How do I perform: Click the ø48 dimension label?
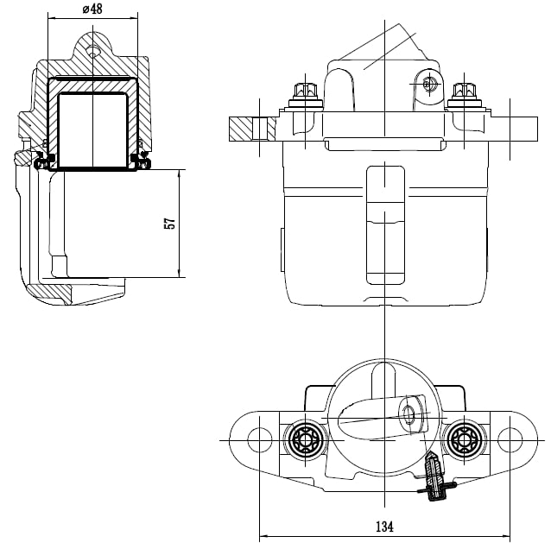(x=92, y=9)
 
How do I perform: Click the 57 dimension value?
(x=170, y=224)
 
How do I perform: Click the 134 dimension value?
(x=384, y=527)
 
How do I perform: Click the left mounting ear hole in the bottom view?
(x=260, y=439)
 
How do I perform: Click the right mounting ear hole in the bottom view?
(x=510, y=439)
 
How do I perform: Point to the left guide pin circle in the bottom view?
(x=305, y=439)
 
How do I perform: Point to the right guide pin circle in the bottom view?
(x=464, y=439)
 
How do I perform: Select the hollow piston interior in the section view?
(x=92, y=129)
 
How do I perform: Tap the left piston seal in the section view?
(x=43, y=161)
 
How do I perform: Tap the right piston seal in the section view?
(x=142, y=161)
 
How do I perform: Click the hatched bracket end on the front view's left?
(x=252, y=129)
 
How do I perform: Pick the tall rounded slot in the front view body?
(x=385, y=224)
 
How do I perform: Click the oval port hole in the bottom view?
(x=408, y=414)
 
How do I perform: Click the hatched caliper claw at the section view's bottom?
(x=51, y=293)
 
